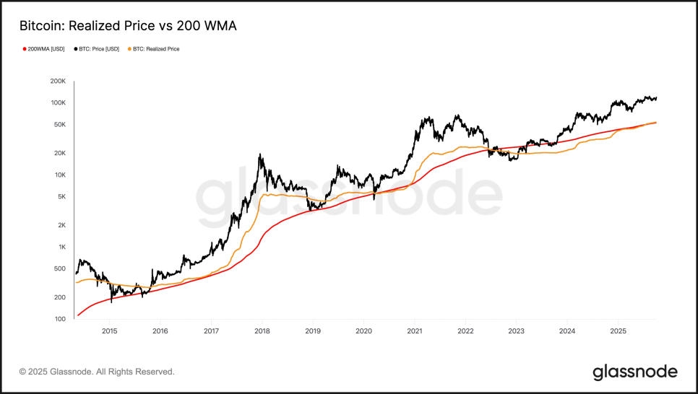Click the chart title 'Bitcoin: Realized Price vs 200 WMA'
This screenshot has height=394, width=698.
pos(127,26)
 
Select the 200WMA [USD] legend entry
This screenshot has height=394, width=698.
pos(46,49)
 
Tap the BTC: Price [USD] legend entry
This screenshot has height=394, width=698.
pos(98,49)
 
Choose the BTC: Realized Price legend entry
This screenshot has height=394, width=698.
pos(155,49)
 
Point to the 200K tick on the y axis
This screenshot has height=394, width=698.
pos(57,82)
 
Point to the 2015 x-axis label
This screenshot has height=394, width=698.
pos(109,332)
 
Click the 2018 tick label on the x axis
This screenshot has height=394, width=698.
pos(262,332)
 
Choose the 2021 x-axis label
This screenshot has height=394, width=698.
pos(415,332)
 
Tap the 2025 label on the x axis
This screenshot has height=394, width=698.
pos(618,332)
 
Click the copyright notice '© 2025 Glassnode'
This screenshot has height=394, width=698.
pos(97,372)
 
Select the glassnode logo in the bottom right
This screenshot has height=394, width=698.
pos(635,372)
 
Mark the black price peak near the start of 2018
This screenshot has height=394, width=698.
pos(259,154)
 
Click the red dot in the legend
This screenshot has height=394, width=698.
pos(25,49)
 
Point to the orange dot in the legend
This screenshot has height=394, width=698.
pos(129,49)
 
